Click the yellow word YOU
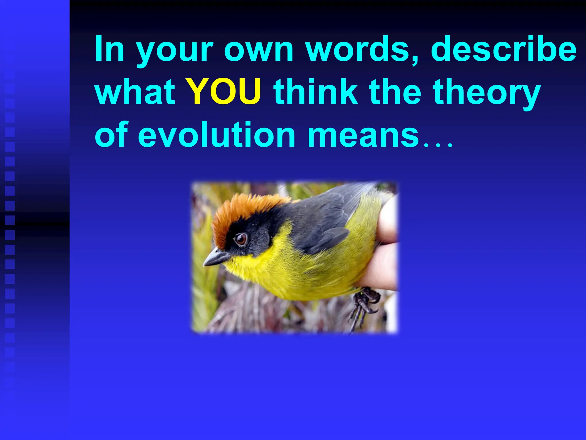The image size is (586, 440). click(224, 92)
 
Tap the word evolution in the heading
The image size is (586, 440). click(217, 134)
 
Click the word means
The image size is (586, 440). click(363, 134)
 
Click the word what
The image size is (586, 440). click(135, 92)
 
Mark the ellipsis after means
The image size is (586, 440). click(438, 145)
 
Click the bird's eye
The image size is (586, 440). click(241, 239)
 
